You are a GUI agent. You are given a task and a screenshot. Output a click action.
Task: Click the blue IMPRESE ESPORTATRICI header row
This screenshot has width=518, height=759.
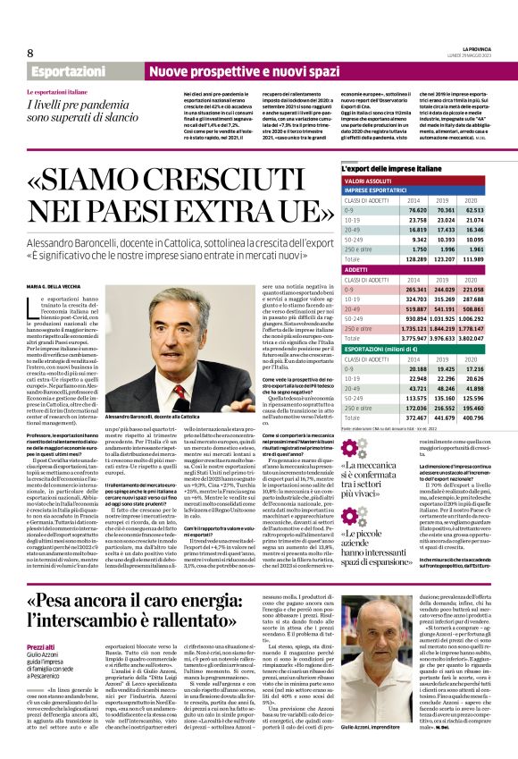pos(385,190)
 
